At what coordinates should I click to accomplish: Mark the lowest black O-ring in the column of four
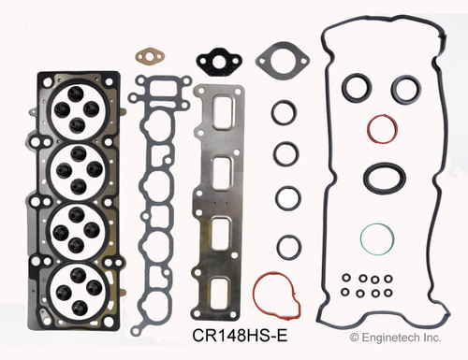click(x=285, y=245)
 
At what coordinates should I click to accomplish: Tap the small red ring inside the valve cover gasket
click(x=380, y=130)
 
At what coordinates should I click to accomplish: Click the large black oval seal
click(x=383, y=176)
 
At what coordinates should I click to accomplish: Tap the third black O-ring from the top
click(x=285, y=198)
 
